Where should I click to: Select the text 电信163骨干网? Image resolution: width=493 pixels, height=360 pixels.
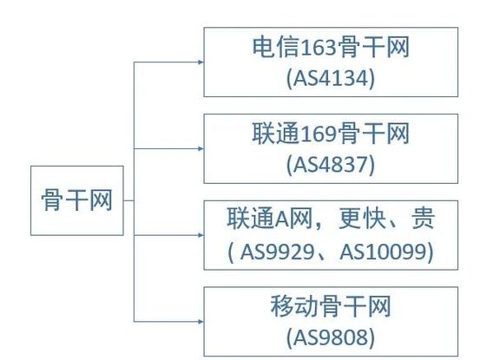(331, 47)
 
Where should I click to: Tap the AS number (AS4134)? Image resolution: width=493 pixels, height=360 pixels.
(331, 78)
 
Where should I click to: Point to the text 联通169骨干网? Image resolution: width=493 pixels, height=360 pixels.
(331, 134)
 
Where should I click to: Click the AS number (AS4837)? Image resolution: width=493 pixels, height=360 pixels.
(331, 164)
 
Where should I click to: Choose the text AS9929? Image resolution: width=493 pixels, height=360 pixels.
(277, 252)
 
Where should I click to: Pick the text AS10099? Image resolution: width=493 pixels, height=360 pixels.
(383, 252)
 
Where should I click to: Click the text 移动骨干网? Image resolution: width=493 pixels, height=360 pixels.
(331, 306)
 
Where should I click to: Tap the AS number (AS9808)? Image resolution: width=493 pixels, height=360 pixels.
(331, 337)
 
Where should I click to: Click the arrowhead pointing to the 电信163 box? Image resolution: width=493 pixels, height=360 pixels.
(200, 62)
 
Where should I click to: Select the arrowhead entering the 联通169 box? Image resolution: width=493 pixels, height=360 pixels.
(200, 148)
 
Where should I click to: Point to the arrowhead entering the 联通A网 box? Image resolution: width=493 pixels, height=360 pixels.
(200, 235)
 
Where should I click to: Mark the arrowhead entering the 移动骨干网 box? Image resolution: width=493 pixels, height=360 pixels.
(200, 321)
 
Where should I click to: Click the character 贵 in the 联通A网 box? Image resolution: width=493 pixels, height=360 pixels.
(424, 218)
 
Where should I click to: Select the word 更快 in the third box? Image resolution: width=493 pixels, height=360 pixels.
(362, 218)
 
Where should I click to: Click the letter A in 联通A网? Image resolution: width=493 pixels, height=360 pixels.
(282, 219)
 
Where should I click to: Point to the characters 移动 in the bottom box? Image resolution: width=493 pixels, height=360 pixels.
(294, 306)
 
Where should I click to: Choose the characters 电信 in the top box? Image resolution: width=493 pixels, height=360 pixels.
(276, 47)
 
